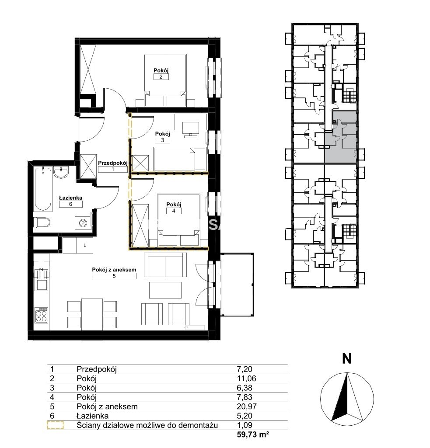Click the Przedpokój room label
point(113,163)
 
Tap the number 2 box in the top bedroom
point(161,76)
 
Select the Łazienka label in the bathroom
point(70,198)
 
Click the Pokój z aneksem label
point(114,269)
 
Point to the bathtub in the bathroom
point(43,189)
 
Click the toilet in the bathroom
point(42,222)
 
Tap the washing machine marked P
point(83,223)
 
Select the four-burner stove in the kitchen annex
point(42,315)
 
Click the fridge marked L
point(85,246)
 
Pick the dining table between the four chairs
point(92,314)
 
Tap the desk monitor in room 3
point(191,128)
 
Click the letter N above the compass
point(347,358)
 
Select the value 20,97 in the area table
point(246,406)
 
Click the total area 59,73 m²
point(252,434)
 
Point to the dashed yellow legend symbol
point(56,425)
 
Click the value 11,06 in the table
point(246,378)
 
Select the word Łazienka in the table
point(93,416)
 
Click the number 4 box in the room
point(174,211)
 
